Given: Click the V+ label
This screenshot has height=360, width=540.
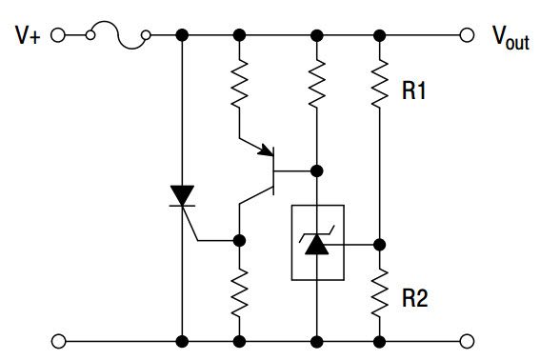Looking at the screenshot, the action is [28, 35].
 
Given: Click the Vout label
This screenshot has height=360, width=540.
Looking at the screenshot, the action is [510, 38].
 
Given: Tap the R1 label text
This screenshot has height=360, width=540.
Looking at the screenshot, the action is [414, 90].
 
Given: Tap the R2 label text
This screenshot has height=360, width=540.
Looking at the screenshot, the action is [415, 297].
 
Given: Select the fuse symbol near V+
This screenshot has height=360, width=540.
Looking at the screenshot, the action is [118, 35].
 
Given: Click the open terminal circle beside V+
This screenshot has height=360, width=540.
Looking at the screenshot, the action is [58, 35].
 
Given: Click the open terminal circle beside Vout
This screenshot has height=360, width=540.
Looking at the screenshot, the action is [467, 35].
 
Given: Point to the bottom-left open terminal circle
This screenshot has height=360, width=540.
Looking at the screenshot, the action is [58, 341].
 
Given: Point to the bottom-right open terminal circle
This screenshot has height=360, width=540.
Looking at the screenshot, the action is [467, 341].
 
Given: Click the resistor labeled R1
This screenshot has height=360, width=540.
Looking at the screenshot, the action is [379, 84].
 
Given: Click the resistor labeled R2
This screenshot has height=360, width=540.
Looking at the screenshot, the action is [379, 293].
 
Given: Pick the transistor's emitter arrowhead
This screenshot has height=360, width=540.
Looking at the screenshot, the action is [266, 150].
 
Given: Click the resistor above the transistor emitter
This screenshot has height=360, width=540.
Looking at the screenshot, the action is [239, 84].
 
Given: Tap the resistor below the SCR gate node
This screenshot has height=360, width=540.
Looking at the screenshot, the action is [239, 293].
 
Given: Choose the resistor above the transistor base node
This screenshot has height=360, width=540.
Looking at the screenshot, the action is [317, 84].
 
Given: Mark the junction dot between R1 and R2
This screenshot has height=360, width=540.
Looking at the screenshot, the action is [379, 245].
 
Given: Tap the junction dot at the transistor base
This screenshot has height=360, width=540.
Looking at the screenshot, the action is [317, 170].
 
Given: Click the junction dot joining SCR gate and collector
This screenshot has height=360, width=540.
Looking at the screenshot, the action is [239, 240].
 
